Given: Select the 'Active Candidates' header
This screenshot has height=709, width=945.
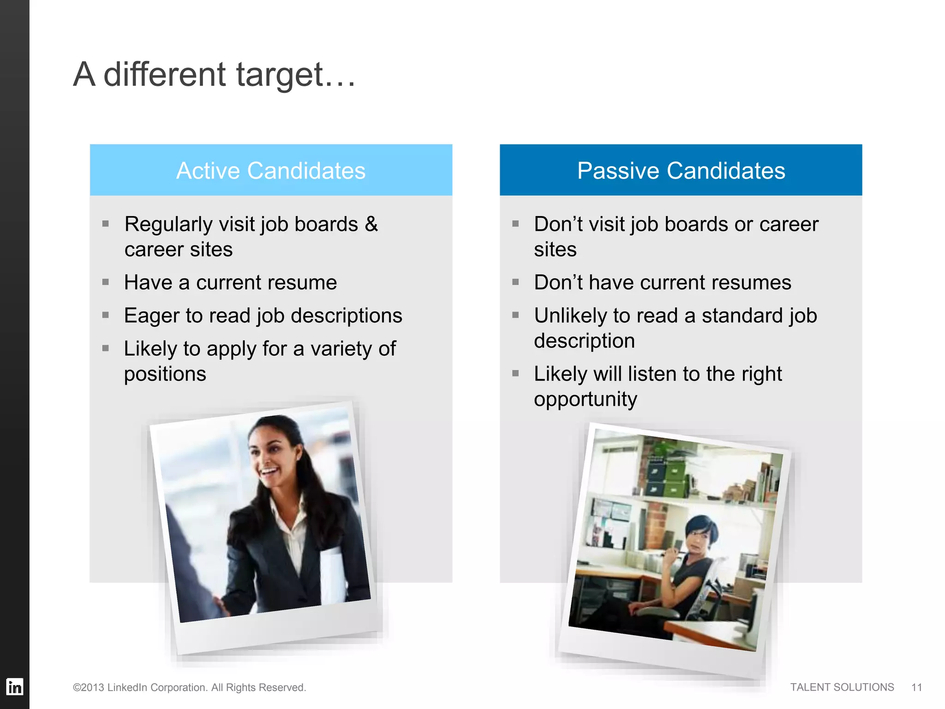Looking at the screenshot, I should click(271, 170).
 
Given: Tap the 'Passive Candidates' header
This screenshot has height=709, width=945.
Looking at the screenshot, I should click(681, 170).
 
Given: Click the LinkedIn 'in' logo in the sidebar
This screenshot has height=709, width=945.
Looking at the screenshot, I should click(14, 687).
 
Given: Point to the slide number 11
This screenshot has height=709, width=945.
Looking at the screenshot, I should click(916, 687).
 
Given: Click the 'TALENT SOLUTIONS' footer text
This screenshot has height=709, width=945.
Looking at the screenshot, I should click(842, 687).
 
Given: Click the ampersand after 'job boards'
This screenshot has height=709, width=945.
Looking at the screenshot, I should click(371, 224).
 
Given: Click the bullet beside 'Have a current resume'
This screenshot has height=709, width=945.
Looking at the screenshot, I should click(106, 282).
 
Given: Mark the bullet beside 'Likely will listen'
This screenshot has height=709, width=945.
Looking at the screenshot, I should click(515, 373).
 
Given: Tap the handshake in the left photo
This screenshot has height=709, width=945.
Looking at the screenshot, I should click(217, 602).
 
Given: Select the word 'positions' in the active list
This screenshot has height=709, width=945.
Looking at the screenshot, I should click(165, 374).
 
